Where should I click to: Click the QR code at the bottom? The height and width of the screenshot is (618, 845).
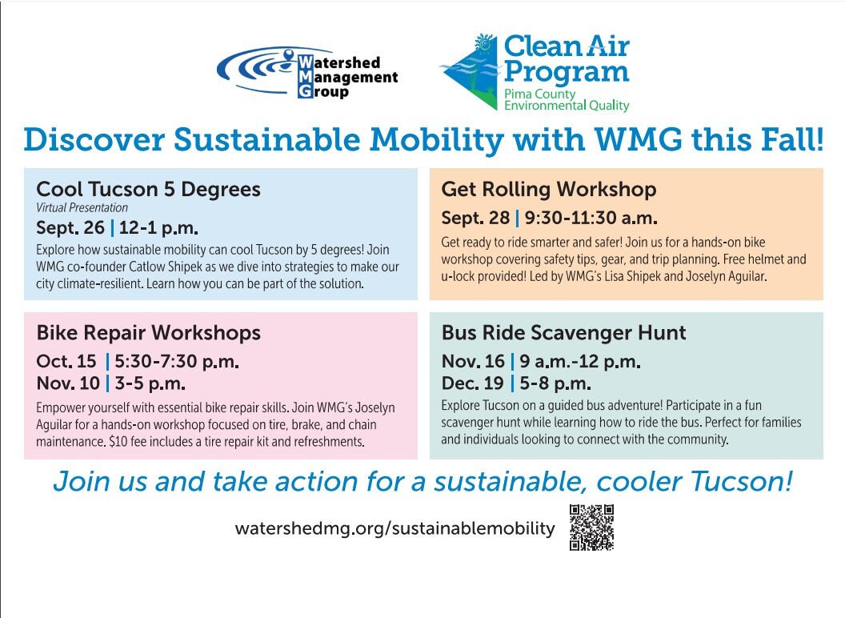[x=591, y=528]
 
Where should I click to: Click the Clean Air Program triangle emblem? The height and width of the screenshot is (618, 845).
[x=470, y=72]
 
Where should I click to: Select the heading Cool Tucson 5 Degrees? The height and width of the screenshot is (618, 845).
[x=148, y=189]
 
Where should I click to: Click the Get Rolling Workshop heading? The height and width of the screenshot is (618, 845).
[x=549, y=189]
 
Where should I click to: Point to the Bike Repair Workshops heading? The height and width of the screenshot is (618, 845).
[x=149, y=333]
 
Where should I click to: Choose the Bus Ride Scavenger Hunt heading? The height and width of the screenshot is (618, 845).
[x=563, y=333]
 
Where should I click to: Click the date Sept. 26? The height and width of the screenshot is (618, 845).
[x=70, y=227]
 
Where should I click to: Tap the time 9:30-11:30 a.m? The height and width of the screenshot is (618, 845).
[x=591, y=218]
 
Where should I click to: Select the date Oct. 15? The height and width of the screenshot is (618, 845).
[x=66, y=361]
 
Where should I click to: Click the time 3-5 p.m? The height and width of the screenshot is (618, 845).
[x=150, y=383]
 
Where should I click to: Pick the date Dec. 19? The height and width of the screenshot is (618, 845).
[x=473, y=383]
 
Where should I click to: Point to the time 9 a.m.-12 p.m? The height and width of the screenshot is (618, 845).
[x=580, y=361]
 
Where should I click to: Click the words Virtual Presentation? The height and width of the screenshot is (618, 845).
[x=82, y=207]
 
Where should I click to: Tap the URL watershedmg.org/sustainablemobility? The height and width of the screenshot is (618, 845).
[x=395, y=528]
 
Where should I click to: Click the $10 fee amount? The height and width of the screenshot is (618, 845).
[x=118, y=442]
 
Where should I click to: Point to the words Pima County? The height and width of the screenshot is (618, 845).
[x=539, y=94]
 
